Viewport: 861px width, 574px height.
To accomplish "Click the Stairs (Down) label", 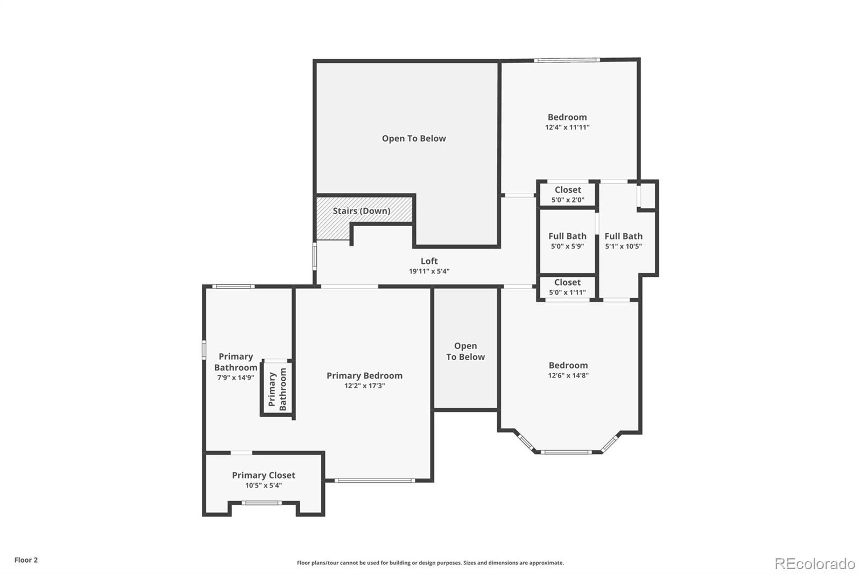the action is click(361, 211).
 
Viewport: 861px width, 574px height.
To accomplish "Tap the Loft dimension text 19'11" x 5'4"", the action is click(429, 271).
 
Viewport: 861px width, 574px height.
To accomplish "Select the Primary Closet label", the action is click(264, 475).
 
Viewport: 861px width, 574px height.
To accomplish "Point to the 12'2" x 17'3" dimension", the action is click(364, 386).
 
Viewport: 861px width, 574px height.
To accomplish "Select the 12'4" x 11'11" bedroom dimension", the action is click(567, 127).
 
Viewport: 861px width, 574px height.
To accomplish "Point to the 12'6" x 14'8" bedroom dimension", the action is click(568, 375).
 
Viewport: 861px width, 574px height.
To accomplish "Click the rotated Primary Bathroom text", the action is click(278, 389).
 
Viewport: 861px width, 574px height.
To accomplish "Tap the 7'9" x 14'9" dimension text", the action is click(236, 377).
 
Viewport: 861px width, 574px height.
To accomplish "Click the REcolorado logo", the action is click(815, 564).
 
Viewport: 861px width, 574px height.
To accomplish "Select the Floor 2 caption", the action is click(26, 560).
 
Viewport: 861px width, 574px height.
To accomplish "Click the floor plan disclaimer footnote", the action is click(430, 563).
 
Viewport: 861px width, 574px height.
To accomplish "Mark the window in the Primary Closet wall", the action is click(262, 503).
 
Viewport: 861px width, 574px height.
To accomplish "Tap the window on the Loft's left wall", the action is click(314, 256).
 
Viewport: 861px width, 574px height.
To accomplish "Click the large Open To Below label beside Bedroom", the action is click(414, 138).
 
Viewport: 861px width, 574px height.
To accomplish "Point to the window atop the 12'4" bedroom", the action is click(567, 60).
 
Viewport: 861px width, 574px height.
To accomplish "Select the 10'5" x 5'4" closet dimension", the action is click(264, 486).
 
